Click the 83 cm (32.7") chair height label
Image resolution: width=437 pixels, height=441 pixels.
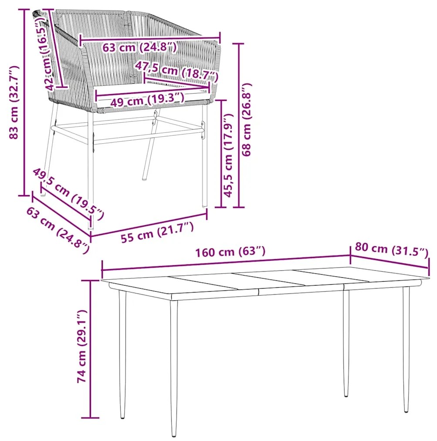14,102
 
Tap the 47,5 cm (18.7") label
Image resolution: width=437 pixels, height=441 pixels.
177,71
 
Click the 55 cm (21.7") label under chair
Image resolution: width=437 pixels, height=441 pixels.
157,232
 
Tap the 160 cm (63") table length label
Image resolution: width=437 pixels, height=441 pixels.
230,251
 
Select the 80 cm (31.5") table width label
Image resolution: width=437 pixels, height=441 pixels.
391,249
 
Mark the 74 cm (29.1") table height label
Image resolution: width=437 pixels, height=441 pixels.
82,346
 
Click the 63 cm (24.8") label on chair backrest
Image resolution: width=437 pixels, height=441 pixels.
139,47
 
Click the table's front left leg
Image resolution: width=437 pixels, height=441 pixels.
174,368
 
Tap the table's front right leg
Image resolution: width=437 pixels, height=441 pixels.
406,349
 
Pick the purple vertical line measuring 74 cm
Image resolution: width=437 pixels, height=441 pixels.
90,349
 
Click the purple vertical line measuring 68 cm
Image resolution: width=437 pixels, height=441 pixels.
239,126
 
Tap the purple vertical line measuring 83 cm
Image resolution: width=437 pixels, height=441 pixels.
24,102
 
